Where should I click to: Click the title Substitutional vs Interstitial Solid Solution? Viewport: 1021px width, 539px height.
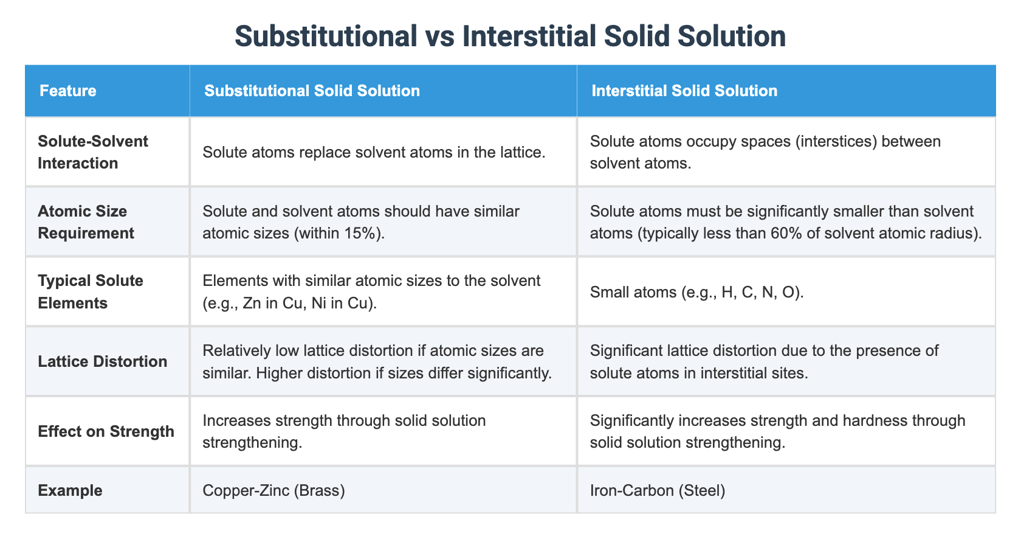510,36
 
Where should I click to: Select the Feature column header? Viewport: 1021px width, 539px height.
68,91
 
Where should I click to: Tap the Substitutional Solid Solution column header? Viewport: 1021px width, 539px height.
312,91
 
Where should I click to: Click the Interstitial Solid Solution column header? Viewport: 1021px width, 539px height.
684,91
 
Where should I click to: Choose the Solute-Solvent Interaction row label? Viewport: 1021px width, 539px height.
92,152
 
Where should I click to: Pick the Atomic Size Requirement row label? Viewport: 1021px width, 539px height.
86,222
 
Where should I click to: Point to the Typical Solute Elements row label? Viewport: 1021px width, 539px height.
91,291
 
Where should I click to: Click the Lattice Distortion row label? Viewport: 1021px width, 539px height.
102,361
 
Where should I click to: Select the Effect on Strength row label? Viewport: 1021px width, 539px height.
106,431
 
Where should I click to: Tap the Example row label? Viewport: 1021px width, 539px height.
70,490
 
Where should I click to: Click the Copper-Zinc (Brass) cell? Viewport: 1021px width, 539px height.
273,490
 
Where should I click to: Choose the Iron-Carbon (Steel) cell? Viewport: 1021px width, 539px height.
658,490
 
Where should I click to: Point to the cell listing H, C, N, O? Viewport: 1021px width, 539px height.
696,292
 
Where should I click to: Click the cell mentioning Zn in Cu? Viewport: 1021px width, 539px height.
371,292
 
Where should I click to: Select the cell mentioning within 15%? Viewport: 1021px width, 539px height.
361,222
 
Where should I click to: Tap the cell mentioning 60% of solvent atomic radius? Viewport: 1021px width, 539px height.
786,222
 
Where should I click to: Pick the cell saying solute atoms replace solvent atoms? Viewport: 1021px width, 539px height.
373,152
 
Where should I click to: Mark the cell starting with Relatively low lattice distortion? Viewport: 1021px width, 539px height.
377,361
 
